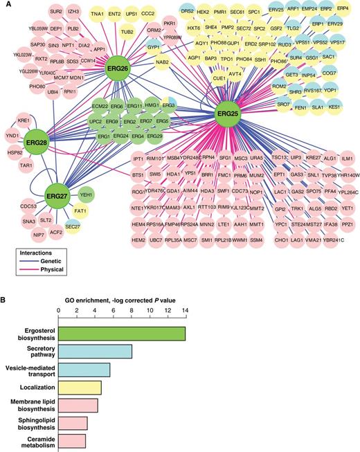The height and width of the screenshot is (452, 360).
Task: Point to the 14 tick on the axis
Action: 185,311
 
